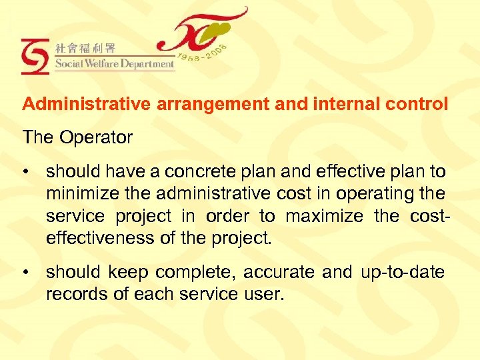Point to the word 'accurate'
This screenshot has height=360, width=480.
click(280, 272)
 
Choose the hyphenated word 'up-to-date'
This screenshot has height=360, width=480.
click(402, 272)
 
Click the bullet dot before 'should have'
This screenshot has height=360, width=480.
click(26, 173)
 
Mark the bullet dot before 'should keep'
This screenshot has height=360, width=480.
click(26, 273)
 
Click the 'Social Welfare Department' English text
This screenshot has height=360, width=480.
click(114, 65)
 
